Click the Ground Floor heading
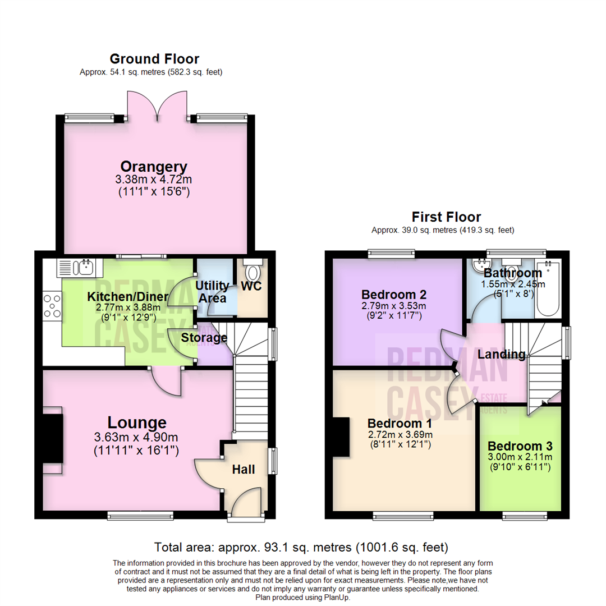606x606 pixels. tap(155, 59)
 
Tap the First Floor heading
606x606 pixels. tap(447, 217)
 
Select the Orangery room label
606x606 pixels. tap(154, 167)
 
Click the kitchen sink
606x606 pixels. tap(80, 268)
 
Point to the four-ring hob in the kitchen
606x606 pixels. tap(52, 306)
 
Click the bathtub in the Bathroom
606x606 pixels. tap(548, 289)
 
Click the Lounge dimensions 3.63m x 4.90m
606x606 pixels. tap(136, 437)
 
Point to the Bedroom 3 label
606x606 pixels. tap(520, 446)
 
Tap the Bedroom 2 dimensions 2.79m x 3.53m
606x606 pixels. tap(394, 306)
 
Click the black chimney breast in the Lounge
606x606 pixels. tap(53, 438)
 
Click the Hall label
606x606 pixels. tap(244, 469)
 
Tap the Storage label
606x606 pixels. tap(204, 337)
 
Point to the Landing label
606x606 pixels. tap(501, 355)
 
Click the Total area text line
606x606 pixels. tap(301, 547)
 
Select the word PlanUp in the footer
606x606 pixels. tap(336, 598)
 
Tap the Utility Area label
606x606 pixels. tap(212, 292)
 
